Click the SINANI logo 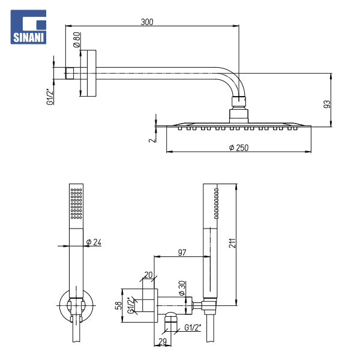[x=28, y=27]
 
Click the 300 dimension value [x=147, y=22]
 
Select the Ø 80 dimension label [x=77, y=40]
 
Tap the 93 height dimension [x=327, y=104]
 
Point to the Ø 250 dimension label [x=239, y=148]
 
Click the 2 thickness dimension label [x=152, y=140]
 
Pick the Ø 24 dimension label [x=94, y=242]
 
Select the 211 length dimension [x=232, y=243]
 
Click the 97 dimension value [x=182, y=253]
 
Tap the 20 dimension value [x=148, y=275]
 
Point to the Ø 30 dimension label [x=182, y=288]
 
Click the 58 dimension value [x=119, y=305]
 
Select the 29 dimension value [x=163, y=341]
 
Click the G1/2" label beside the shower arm [x=50, y=97]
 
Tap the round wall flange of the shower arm [x=92, y=73]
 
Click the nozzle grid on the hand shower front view [x=76, y=203]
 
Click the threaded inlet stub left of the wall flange [x=70, y=73]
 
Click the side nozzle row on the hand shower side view [x=216, y=203]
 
